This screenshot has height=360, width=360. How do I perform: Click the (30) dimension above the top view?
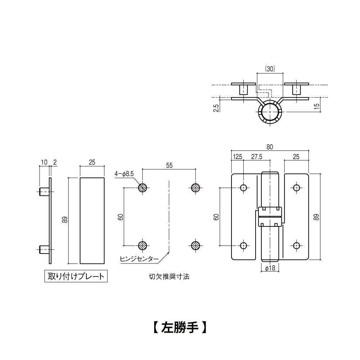(x=270, y=69)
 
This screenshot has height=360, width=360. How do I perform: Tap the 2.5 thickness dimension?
(x=216, y=108)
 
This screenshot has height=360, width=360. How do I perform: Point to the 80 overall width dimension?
(x=270, y=147)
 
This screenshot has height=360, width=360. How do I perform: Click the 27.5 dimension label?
(x=257, y=157)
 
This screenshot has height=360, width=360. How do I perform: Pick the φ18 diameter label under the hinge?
(x=270, y=269)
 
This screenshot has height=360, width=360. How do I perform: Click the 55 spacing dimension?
(x=169, y=165)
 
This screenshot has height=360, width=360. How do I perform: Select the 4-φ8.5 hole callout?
(x=124, y=174)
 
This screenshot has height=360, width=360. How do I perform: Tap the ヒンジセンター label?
(x=139, y=258)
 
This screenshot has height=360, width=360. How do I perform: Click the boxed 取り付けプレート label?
(x=76, y=276)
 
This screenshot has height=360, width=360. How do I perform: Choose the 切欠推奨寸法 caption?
(x=169, y=277)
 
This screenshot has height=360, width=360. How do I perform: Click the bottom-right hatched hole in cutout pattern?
(x=195, y=246)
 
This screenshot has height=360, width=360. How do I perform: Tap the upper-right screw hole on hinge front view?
(x=296, y=188)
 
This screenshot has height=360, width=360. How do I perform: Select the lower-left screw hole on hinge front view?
(x=244, y=246)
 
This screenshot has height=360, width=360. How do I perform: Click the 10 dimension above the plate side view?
(x=44, y=163)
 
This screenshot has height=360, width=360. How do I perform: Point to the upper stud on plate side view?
(x=44, y=192)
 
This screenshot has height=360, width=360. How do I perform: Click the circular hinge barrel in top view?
(x=270, y=112)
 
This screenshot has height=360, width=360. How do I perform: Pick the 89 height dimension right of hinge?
(x=316, y=217)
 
